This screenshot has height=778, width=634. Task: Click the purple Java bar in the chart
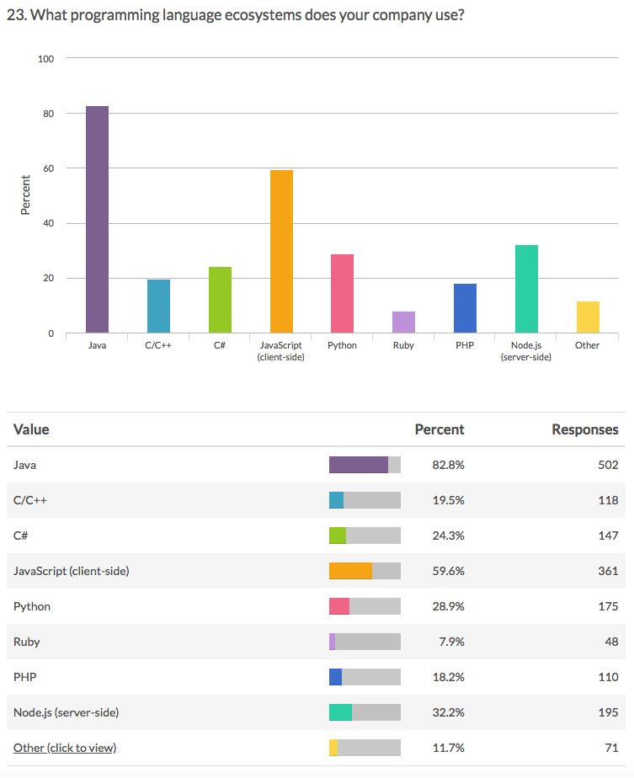point(97,219)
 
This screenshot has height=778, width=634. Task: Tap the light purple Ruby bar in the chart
point(404,322)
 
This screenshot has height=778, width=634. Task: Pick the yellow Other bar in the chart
point(588,317)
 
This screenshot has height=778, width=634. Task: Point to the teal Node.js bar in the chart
point(526,289)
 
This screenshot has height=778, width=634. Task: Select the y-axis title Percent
point(25,194)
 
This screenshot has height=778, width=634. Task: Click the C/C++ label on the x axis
point(158,346)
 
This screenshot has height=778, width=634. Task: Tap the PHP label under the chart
point(465,346)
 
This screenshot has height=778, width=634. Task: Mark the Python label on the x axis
point(343,346)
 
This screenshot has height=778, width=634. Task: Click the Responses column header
point(584,429)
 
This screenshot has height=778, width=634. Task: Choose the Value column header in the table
point(31,429)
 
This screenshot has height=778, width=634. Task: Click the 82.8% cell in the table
point(448,465)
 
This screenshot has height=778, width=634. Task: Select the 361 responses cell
point(607,571)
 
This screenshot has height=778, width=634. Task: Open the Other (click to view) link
point(65,748)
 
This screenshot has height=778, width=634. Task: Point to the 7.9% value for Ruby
point(451,642)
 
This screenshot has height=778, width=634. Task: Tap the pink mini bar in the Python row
point(339,606)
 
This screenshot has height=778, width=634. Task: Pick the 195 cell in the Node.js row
point(607,712)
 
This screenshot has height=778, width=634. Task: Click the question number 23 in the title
point(13,15)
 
